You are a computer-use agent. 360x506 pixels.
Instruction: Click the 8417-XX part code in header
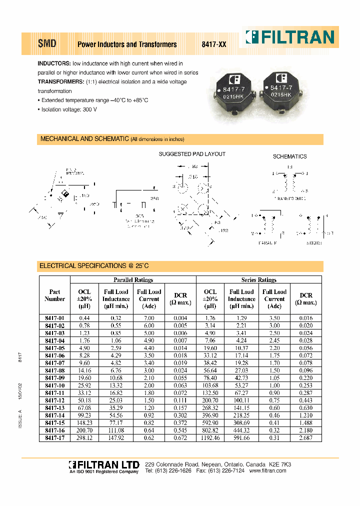[x=214, y=44]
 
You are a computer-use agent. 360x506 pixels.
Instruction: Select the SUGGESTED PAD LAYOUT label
[x=192, y=154]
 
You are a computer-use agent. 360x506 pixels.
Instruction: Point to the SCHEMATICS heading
[x=289, y=156]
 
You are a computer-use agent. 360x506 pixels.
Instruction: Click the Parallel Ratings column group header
[x=133, y=280]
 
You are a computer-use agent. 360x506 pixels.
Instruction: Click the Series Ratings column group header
[x=258, y=280]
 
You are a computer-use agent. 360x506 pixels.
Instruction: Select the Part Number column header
[x=55, y=295]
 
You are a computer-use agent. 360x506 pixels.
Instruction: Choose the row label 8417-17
[x=55, y=437]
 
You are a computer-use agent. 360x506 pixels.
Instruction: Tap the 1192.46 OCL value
[x=210, y=437]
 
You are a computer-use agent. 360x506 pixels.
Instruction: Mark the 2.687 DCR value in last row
[x=305, y=437]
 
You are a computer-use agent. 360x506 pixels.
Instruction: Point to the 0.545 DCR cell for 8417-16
[x=180, y=430]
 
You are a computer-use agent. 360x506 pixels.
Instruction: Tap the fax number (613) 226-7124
[x=228, y=471]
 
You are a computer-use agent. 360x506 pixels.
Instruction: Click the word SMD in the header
[x=47, y=44]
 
